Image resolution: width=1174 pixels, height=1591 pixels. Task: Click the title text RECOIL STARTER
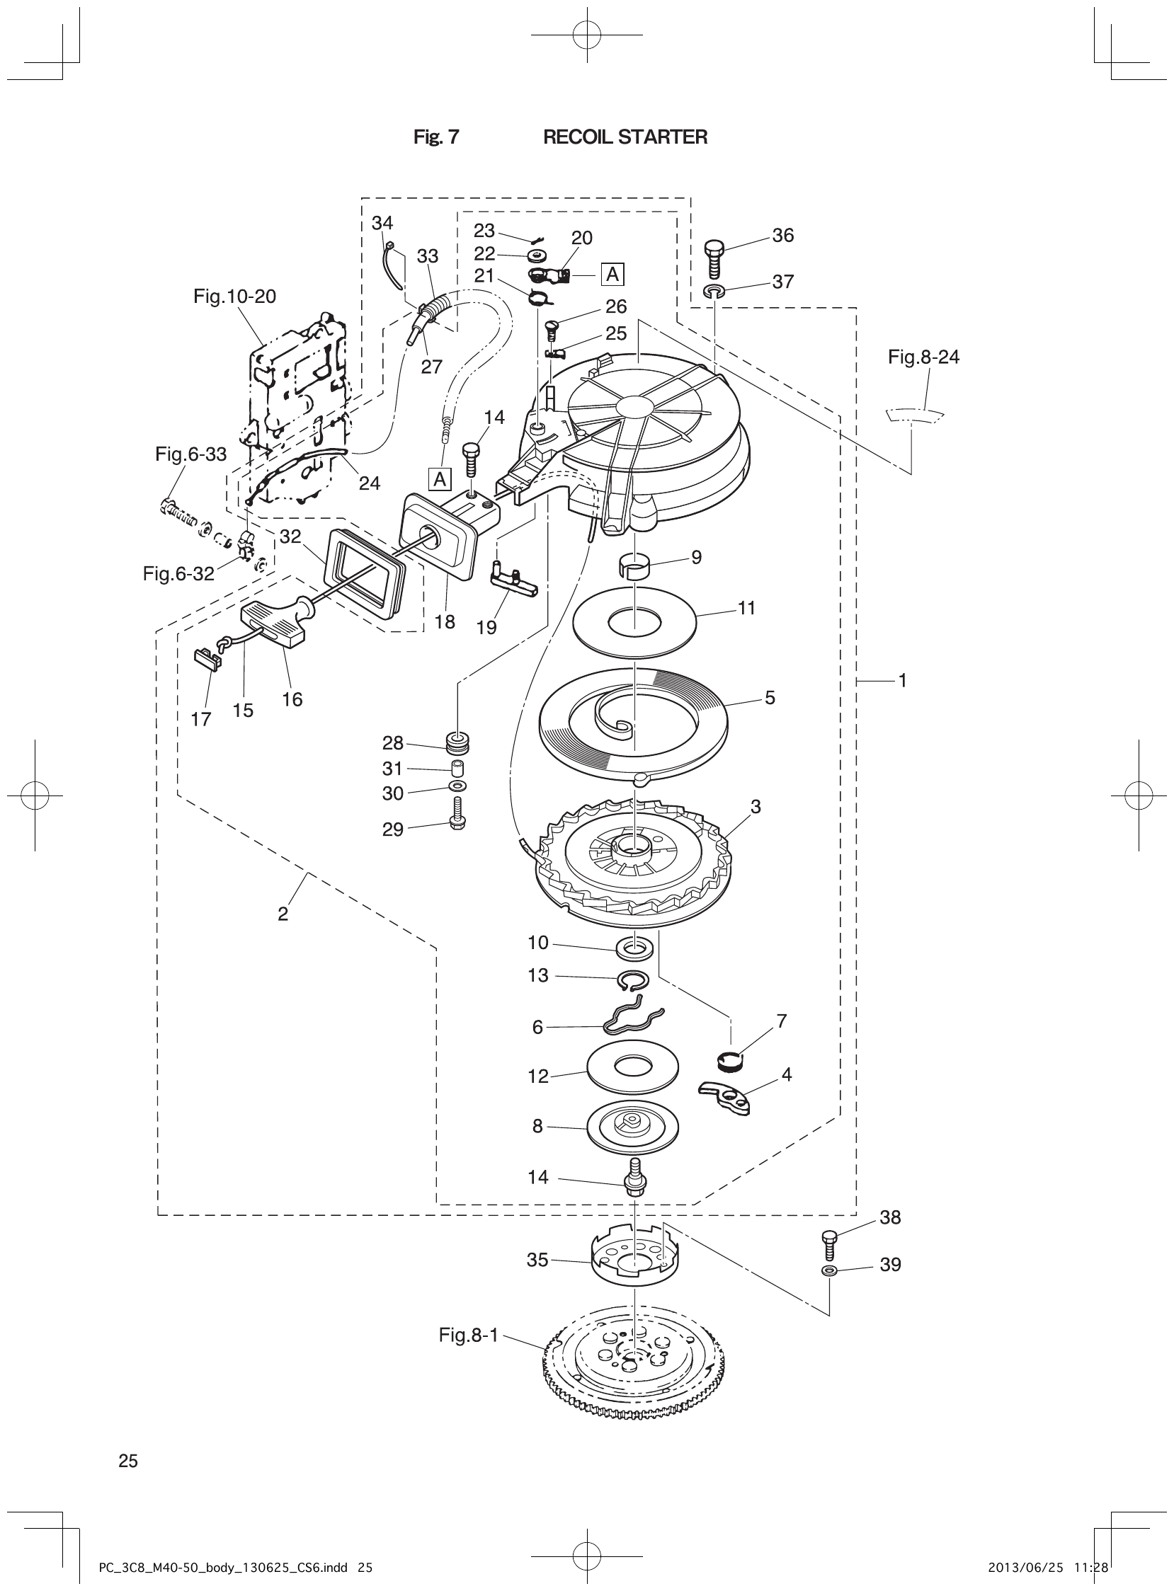625,137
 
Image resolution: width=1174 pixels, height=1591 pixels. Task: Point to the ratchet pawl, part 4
726,1098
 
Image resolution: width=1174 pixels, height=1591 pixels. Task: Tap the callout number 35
537,1260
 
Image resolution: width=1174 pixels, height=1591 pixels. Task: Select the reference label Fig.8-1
468,1336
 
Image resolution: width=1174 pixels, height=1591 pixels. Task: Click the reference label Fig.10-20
234,296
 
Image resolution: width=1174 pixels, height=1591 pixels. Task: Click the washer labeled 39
828,1270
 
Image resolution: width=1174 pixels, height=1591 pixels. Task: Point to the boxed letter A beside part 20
612,273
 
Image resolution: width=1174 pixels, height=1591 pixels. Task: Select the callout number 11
746,608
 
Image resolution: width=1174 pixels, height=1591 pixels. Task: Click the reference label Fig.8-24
923,357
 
